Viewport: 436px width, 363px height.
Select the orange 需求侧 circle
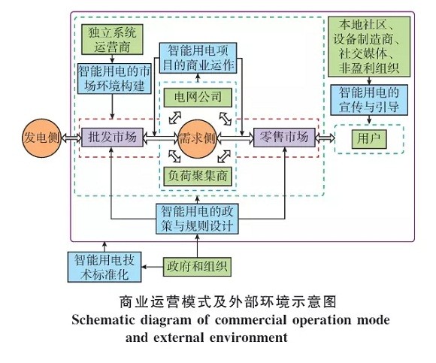click(199, 138)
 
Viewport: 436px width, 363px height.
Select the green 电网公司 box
click(199, 97)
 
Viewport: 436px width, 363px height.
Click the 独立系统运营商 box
click(111, 38)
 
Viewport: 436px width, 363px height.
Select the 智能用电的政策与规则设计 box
click(198, 217)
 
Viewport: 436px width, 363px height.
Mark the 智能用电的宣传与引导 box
click(368, 98)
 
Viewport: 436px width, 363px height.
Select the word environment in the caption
click(245, 337)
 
